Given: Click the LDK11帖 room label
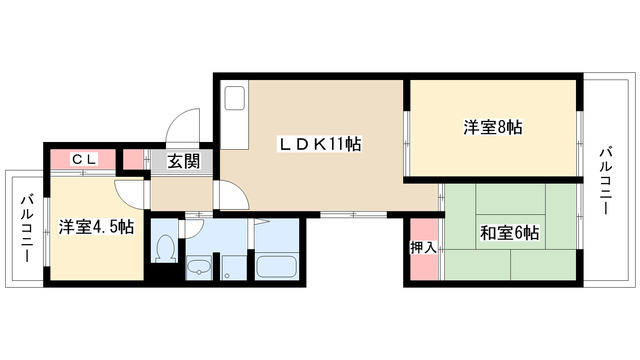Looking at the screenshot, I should click(319, 145).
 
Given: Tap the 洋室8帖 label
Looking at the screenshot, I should click(493, 127).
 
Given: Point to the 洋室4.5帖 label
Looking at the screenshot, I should click(95, 228).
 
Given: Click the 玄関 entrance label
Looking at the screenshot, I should click(181, 161).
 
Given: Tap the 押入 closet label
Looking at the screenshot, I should click(422, 245).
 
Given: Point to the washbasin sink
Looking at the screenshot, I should click(200, 267).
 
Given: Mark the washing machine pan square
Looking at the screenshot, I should click(233, 267).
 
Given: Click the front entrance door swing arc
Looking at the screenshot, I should click(185, 130).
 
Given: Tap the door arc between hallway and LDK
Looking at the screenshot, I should click(228, 191).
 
